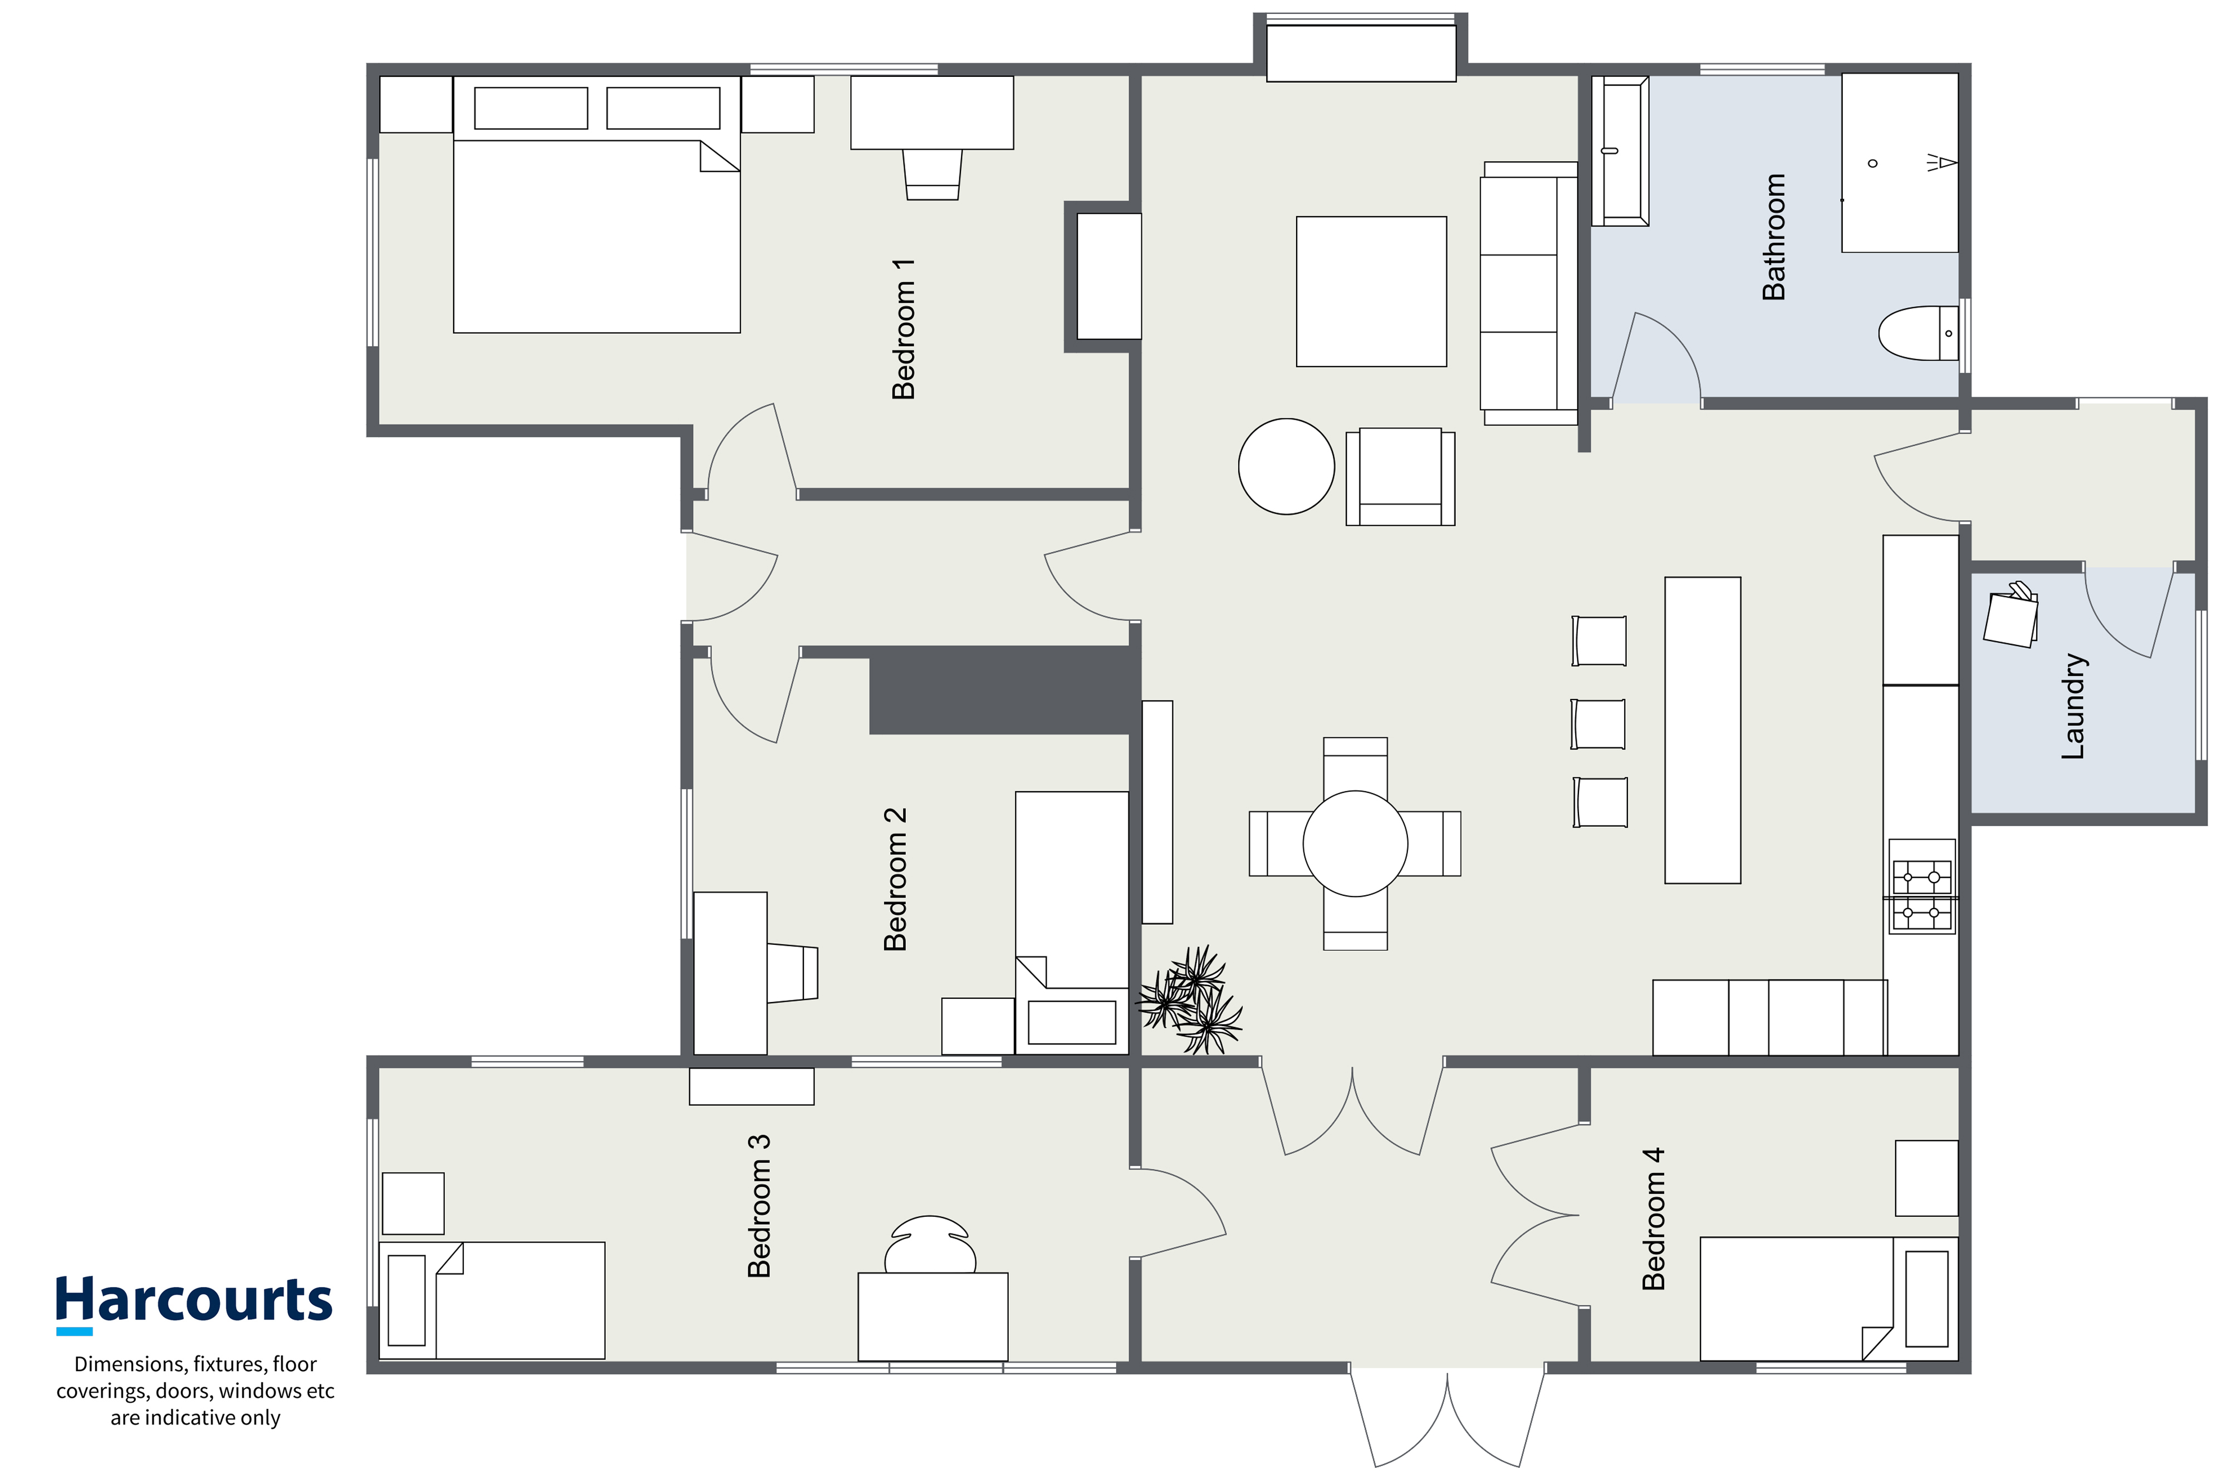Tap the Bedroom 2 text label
[x=895, y=879]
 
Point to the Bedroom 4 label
[x=1653, y=1219]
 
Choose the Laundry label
[x=2073, y=706]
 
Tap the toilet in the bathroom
[x=1919, y=333]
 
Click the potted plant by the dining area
[x=1189, y=1000]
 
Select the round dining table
[x=1355, y=843]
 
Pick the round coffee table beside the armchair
[x=1286, y=467]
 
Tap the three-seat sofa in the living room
[x=1528, y=293]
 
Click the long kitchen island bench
[x=1703, y=731]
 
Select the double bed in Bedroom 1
[x=596, y=204]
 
